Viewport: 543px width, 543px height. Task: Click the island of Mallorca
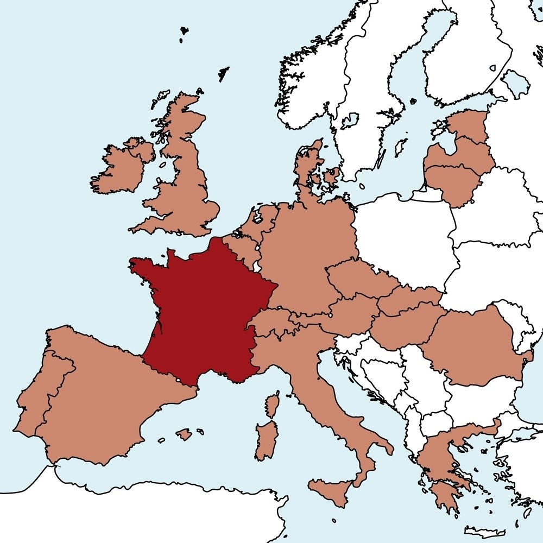(184, 434)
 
